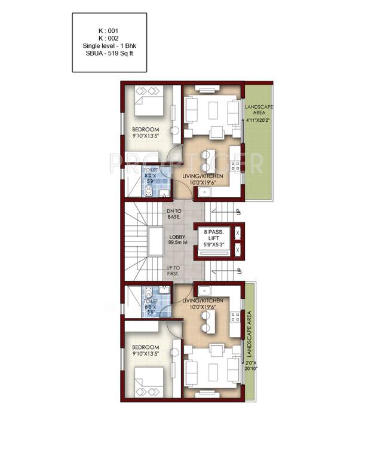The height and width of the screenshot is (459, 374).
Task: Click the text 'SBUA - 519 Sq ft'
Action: pyautogui.click(x=109, y=54)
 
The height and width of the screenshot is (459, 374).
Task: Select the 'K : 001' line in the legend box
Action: pyautogui.click(x=109, y=29)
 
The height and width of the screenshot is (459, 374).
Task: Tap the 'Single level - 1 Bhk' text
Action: pyautogui.click(x=109, y=45)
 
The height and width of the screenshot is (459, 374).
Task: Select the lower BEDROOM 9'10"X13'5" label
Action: pyautogui.click(x=145, y=351)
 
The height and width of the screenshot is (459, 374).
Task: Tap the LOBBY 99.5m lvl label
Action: pyautogui.click(x=178, y=239)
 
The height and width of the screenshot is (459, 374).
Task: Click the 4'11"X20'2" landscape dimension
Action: pyautogui.click(x=258, y=120)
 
